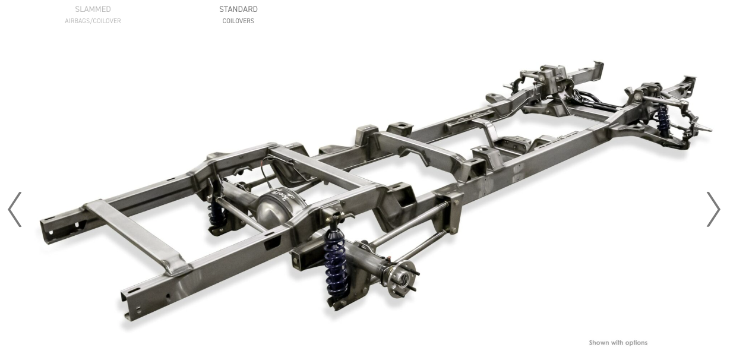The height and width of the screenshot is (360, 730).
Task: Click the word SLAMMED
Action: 93,9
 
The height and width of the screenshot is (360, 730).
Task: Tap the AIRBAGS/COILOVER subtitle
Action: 93,21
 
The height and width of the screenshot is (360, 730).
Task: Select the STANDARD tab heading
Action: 238,9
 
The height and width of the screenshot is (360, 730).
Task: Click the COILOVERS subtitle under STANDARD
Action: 238,21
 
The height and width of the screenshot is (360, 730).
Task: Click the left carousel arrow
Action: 14,209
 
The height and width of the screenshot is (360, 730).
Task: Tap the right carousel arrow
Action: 713,209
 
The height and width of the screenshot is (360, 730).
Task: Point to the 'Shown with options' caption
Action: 618,342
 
